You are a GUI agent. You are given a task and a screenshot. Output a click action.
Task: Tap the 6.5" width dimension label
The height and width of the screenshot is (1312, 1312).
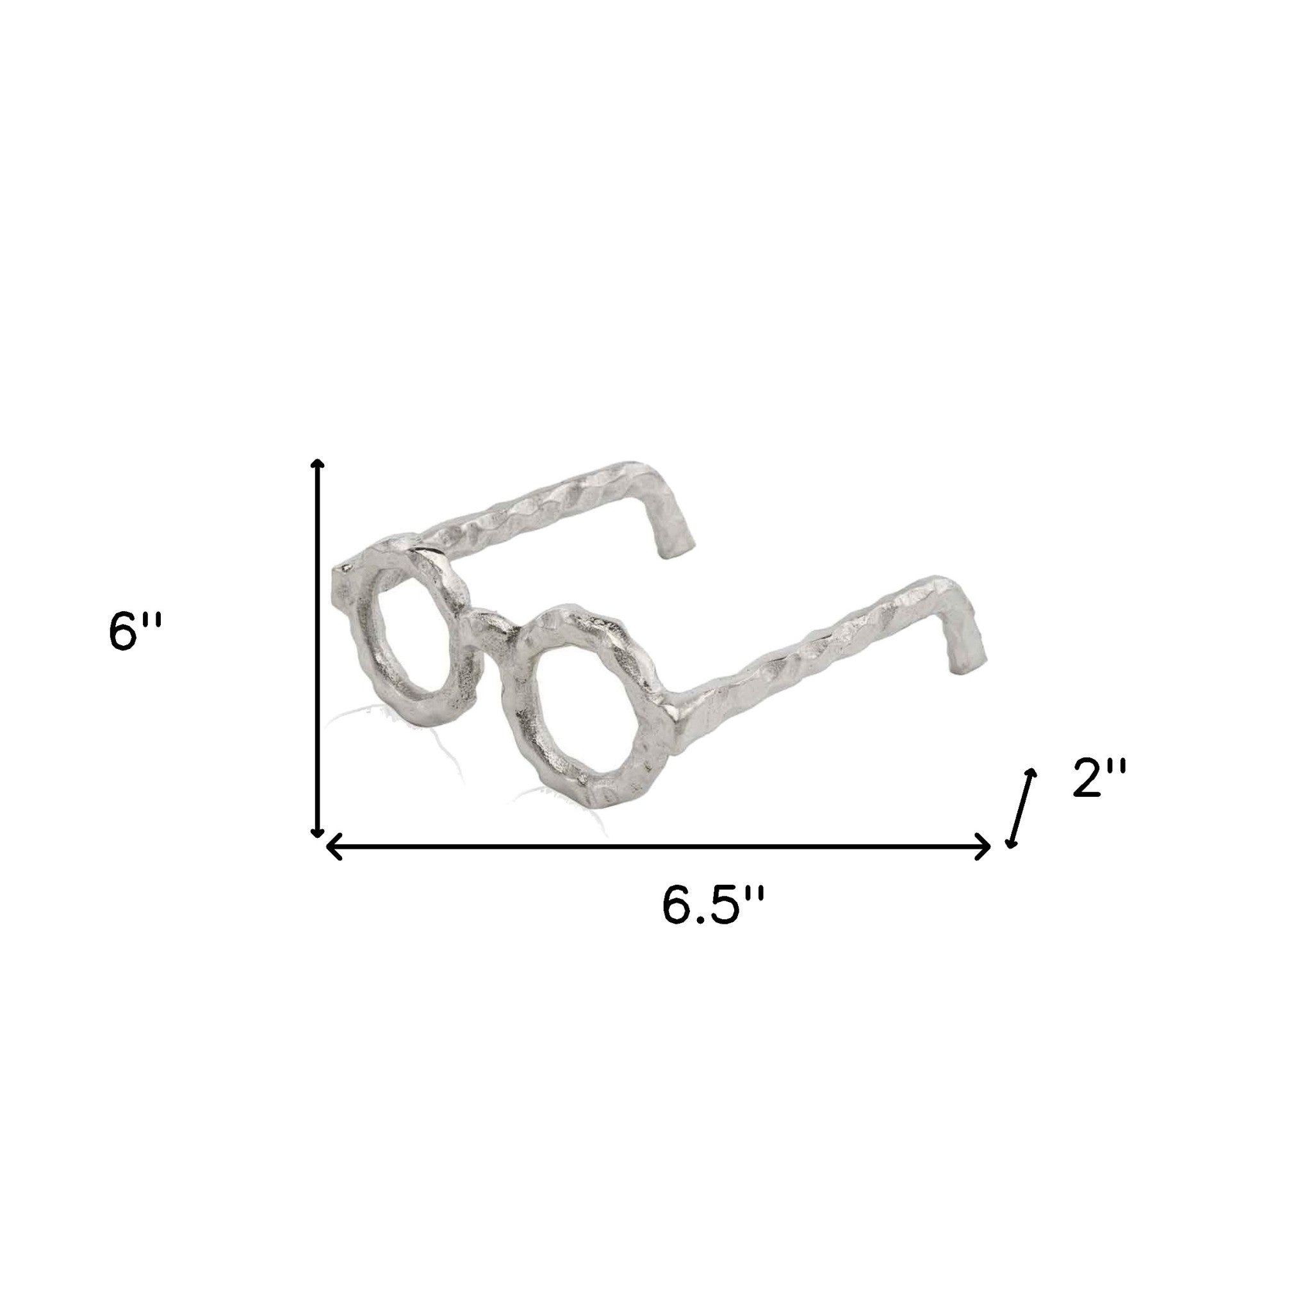coord(713,905)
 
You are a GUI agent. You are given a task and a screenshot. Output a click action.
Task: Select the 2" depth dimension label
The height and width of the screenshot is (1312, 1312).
coord(1099,778)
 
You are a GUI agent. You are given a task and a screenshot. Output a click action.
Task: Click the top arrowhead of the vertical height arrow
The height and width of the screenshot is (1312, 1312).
coord(316,464)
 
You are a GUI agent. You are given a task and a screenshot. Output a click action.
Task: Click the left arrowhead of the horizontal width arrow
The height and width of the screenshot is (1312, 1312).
coord(332,847)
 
